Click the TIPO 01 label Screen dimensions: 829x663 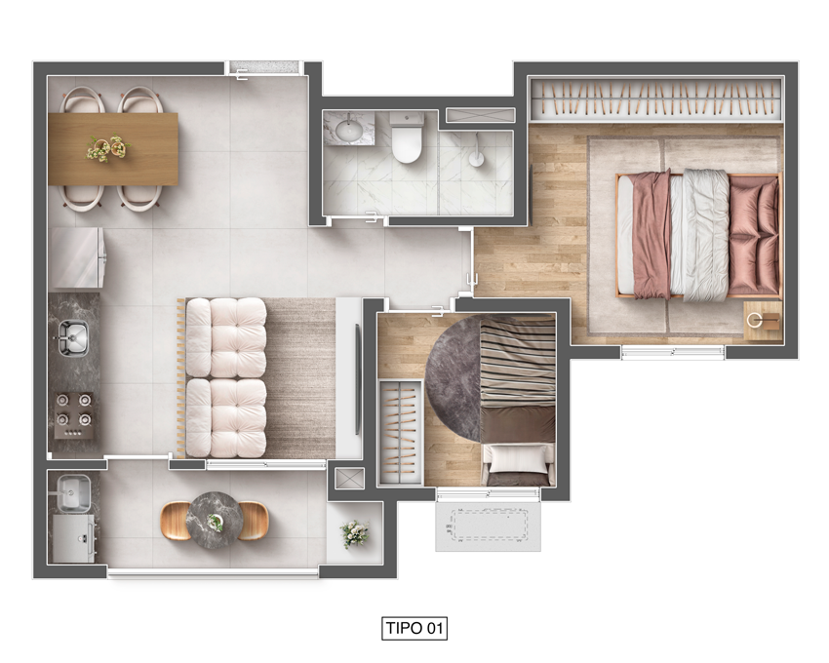coord(414,628)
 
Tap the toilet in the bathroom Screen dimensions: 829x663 coord(407,136)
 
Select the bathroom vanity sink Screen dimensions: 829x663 coord(349,130)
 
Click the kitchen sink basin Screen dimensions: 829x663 coord(73,338)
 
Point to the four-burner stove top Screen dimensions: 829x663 coord(72,415)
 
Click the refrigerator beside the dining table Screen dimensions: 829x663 coord(77,258)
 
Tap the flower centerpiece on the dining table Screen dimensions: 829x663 coord(108,148)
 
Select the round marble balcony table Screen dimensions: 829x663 coord(215,521)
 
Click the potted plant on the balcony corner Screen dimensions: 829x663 coord(354,533)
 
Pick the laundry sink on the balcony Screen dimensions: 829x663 coord(73,493)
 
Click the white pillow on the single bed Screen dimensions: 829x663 coord(518,458)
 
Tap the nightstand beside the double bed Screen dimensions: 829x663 coord(763,322)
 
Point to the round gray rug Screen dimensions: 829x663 coord(454,378)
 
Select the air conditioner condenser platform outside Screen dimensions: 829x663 coord(488,525)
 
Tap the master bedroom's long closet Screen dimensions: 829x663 coord(656,98)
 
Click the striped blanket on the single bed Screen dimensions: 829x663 coord(518,361)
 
